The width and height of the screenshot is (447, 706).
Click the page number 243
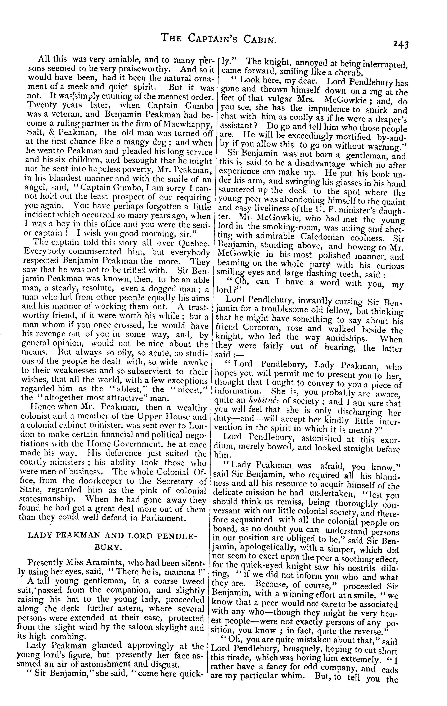click(x=401, y=44)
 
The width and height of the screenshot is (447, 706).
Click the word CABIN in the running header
click(x=258, y=38)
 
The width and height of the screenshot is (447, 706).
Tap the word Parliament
click(x=163, y=518)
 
